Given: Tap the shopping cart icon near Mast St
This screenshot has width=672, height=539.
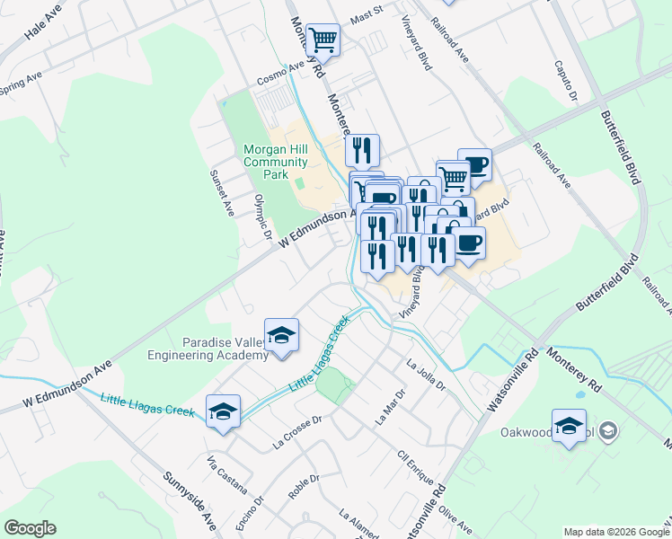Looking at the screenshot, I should coord(323,40).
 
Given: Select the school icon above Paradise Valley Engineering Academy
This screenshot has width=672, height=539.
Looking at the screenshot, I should coord(282,335).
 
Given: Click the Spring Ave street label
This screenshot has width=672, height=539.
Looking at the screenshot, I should coord(21,79).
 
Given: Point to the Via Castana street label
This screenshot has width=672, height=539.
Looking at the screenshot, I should coord(226,474).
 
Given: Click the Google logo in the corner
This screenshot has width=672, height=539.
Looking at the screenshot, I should coord(30,528).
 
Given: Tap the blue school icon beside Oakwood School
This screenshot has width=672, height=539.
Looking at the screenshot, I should coord(569,427).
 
